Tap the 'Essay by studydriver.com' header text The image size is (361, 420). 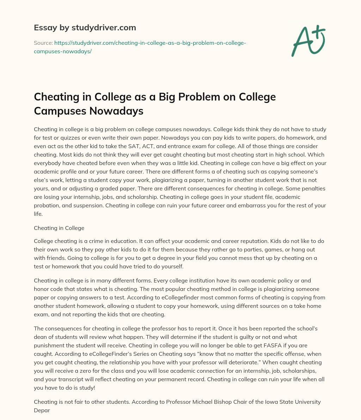pos(85,28)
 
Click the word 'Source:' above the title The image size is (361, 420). pos(43,43)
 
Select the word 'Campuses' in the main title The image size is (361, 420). pos(60,111)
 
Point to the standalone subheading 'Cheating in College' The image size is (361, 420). pos(59,228)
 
